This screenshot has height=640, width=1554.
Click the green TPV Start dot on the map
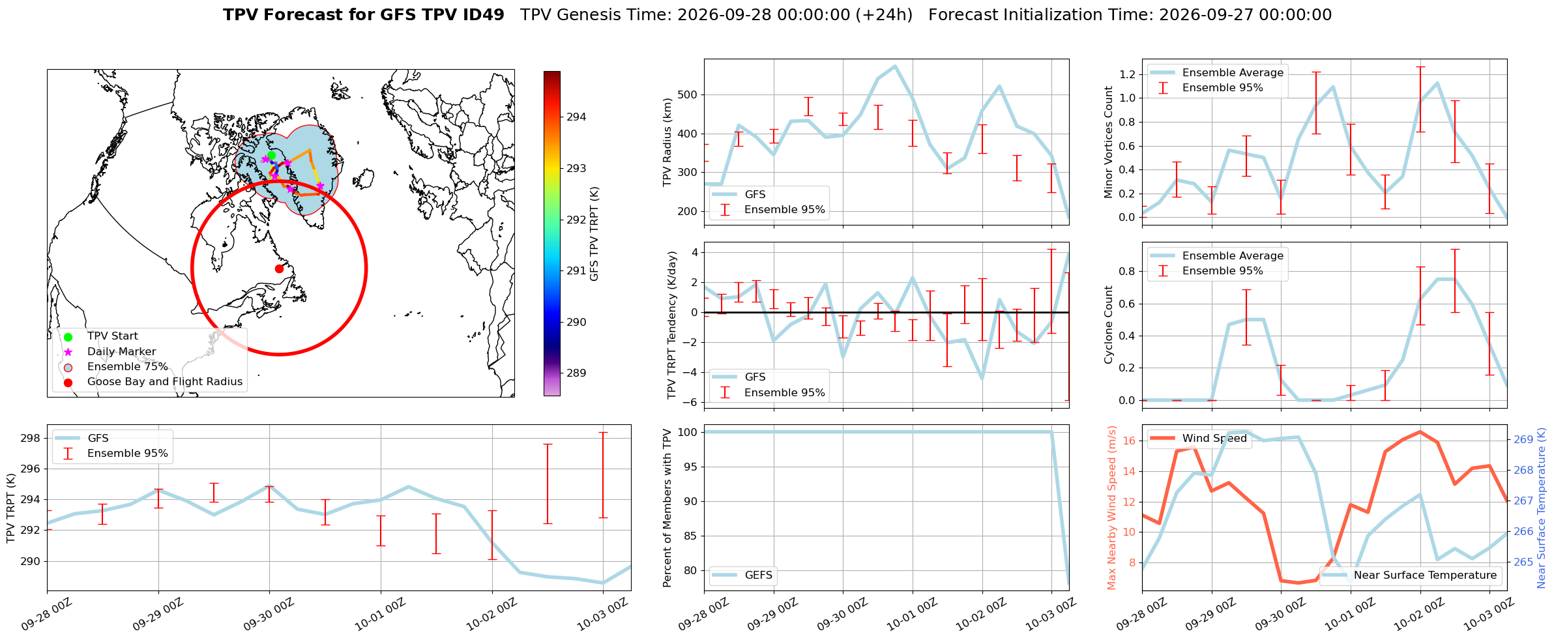point(271,155)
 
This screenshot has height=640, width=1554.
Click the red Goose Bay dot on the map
point(279,269)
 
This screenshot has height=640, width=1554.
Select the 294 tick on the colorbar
point(576,117)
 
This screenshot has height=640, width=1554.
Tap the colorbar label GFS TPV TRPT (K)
point(594,234)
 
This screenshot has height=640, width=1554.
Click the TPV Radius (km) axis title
point(667,142)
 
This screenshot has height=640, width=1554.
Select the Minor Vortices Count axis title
point(1109,142)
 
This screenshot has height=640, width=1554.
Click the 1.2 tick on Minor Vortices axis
point(1127,75)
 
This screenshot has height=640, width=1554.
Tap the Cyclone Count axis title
point(1109,325)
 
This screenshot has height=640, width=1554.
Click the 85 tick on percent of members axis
point(692,536)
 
